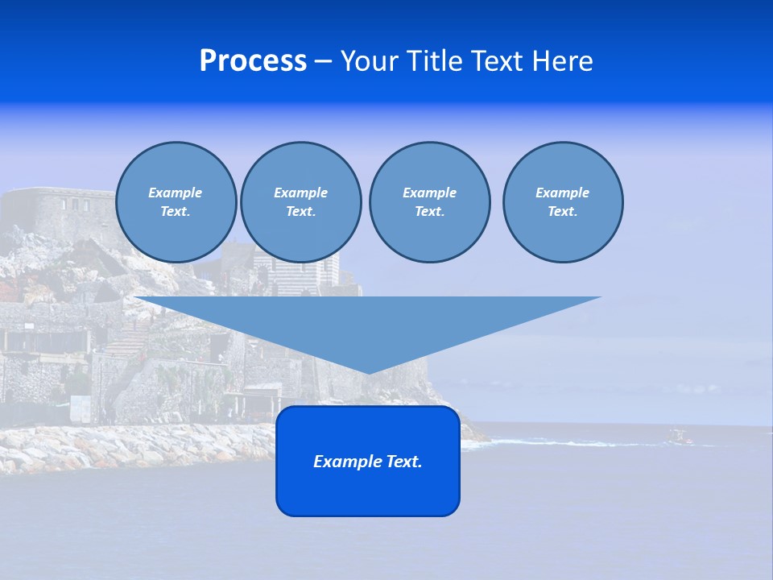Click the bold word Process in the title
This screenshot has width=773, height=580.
[x=253, y=61]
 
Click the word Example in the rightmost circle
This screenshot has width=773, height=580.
[x=562, y=193]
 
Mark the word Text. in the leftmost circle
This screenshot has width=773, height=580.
[x=176, y=212]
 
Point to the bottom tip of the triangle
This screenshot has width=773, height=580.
[x=368, y=372]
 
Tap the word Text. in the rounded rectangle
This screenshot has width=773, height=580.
[x=404, y=462]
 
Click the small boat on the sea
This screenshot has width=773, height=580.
[x=679, y=437]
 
